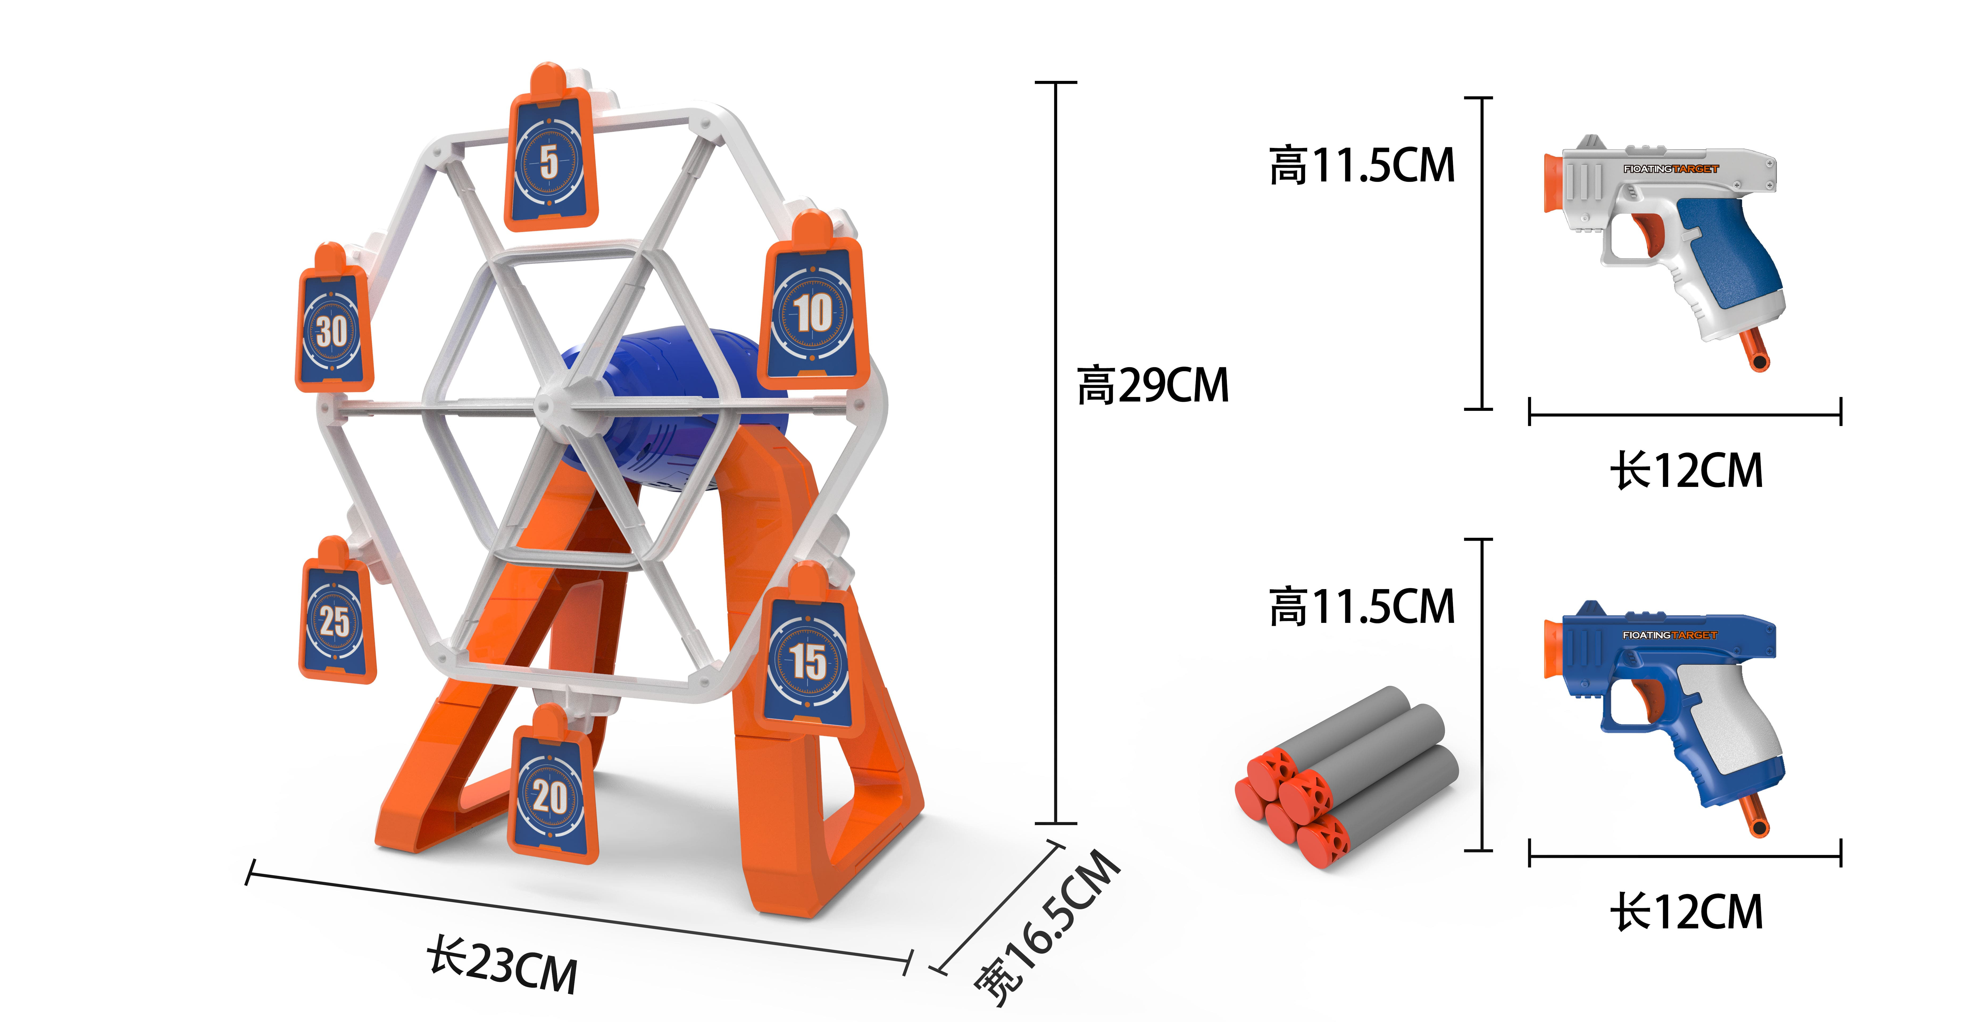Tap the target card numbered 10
coord(813,305)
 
